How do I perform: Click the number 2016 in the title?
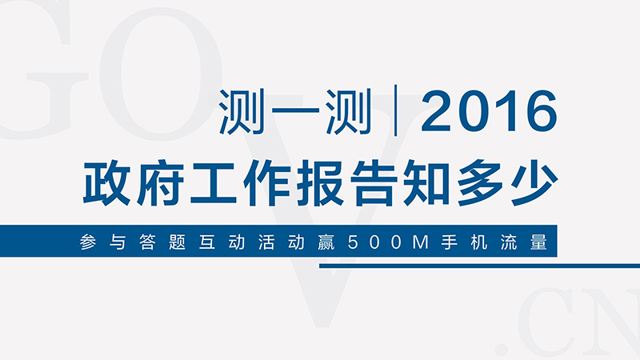(x=489, y=111)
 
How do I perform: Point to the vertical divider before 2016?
(x=395, y=110)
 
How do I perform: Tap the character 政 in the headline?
(x=106, y=182)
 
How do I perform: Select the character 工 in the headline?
(x=213, y=183)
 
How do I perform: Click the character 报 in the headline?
(x=320, y=182)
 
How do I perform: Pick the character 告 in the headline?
(x=374, y=182)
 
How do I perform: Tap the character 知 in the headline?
(x=426, y=182)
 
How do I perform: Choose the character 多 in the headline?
(x=480, y=182)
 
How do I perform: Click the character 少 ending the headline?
(x=534, y=182)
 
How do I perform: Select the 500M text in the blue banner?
(x=388, y=242)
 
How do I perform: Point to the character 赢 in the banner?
(x=326, y=242)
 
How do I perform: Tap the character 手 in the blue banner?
(x=449, y=242)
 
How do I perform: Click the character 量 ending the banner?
(x=538, y=242)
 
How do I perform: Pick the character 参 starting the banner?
(x=88, y=242)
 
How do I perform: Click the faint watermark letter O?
(x=162, y=74)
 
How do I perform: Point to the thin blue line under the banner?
(x=479, y=266)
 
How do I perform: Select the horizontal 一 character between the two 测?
(x=295, y=110)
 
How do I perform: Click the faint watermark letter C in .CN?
(x=543, y=322)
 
